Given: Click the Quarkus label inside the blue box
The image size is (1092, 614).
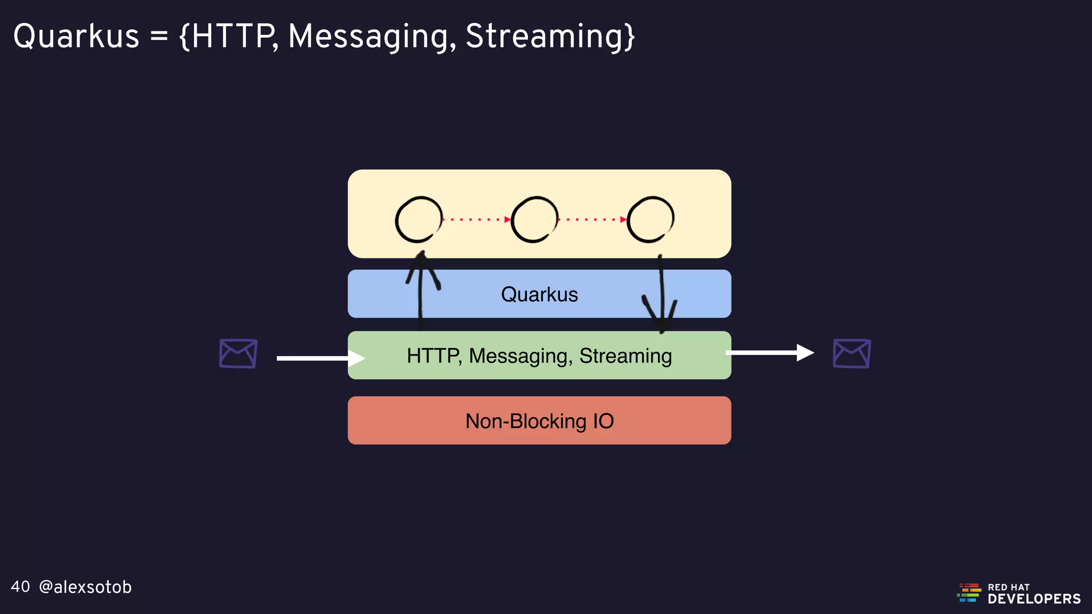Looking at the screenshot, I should tap(539, 294).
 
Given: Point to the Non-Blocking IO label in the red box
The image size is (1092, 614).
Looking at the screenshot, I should tap(539, 421).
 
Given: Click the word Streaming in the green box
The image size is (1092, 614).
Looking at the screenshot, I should tap(625, 356).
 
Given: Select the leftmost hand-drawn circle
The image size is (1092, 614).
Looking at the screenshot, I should tap(419, 220).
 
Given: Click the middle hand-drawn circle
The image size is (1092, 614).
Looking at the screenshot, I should tap(534, 220).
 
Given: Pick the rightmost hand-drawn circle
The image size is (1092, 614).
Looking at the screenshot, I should tap(651, 220).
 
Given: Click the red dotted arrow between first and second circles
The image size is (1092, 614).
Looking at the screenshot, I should tap(476, 219).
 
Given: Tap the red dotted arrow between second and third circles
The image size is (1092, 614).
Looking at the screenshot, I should tap(592, 219).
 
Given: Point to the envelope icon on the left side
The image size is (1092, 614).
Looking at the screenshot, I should tap(238, 353).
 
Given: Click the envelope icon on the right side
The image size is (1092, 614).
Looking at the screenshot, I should tap(852, 353).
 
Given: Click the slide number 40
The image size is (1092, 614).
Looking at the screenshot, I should tap(20, 587).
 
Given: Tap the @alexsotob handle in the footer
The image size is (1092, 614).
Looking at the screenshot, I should tap(85, 587).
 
